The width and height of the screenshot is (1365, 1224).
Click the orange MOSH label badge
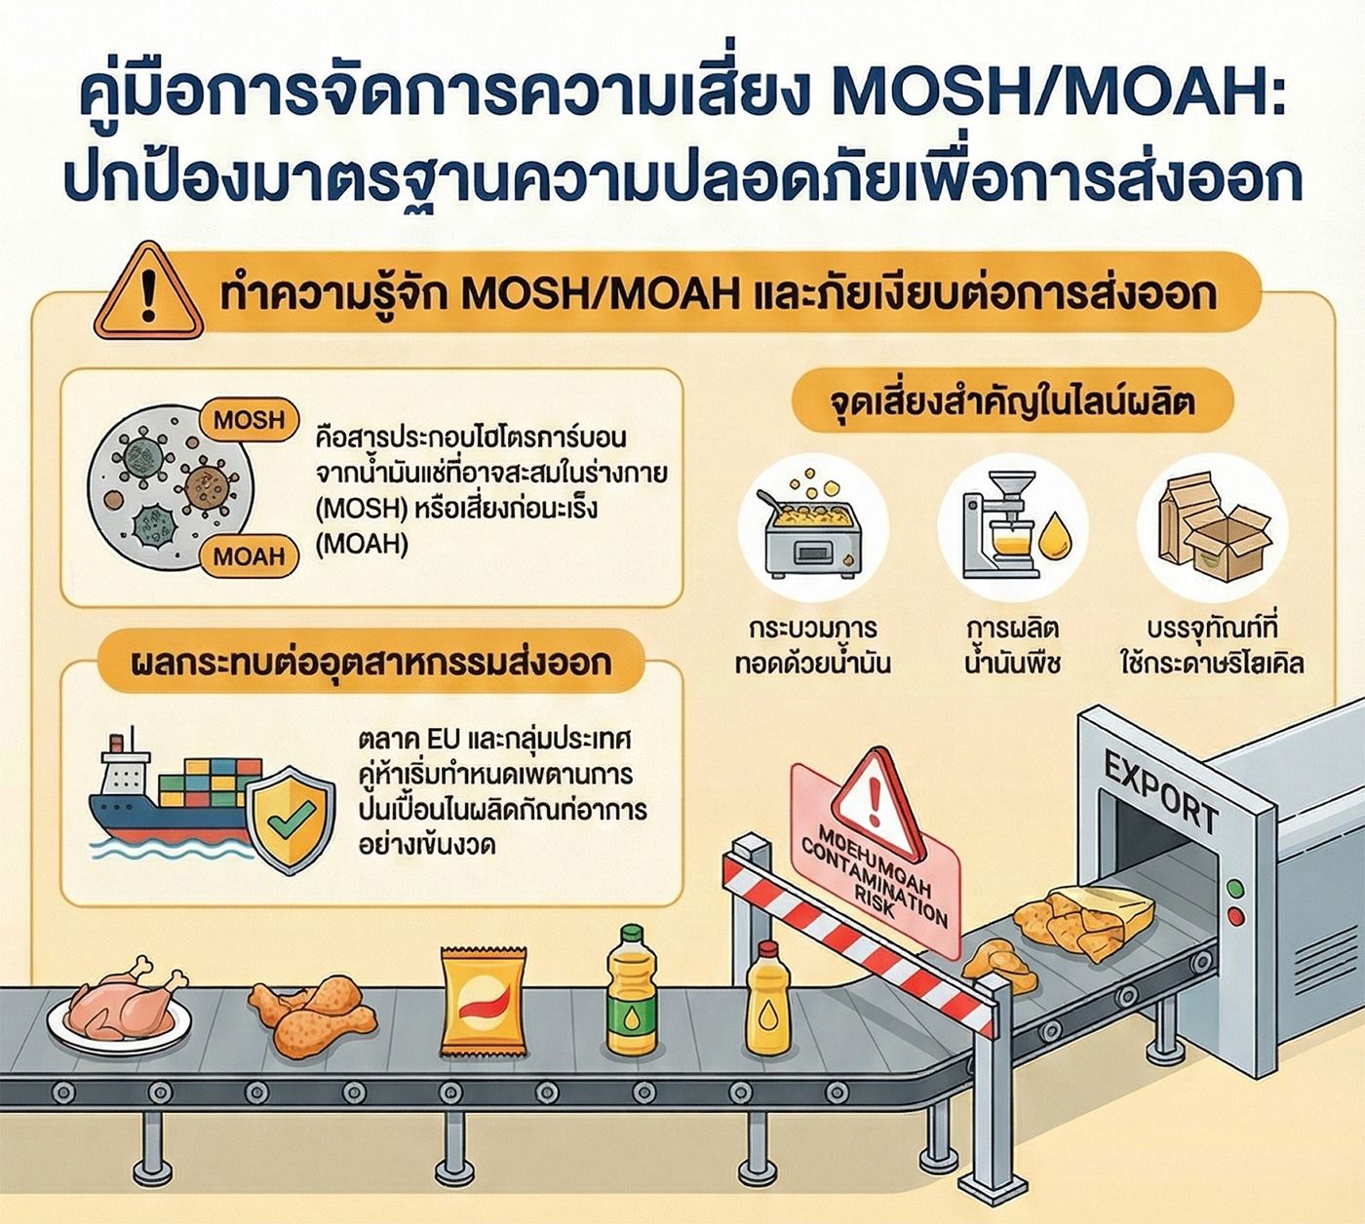point(249,421)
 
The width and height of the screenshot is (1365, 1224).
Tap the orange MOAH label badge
point(249,556)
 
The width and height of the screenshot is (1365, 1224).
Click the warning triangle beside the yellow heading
point(148,293)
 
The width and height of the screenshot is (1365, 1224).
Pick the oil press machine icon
point(999,526)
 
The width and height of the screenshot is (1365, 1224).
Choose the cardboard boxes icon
point(1213,527)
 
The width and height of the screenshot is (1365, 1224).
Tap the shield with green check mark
point(290,819)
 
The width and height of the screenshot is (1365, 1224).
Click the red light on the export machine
point(1235,916)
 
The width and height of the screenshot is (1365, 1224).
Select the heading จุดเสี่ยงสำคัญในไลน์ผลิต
point(1012,402)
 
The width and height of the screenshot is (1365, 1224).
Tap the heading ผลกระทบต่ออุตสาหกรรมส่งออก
point(370,663)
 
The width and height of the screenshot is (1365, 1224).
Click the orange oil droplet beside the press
point(1054,536)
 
